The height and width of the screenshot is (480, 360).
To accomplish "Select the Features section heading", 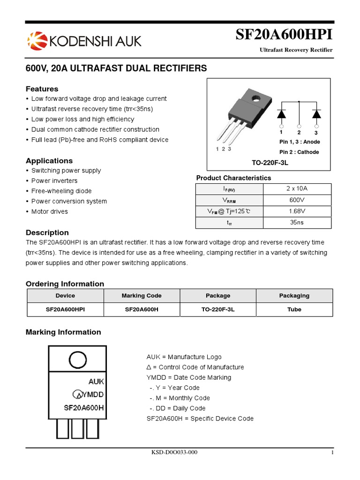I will click(x=42, y=89).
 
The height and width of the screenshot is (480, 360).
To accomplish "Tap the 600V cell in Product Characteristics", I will click(x=297, y=200).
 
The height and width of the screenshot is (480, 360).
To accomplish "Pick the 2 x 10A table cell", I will click(x=297, y=189).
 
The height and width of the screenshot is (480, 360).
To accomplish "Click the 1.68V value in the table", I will click(x=297, y=211).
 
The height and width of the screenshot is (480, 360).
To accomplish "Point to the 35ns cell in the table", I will click(x=297, y=223).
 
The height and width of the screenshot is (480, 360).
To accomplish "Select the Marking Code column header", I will click(x=142, y=296).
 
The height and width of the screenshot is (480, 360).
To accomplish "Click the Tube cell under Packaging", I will click(x=294, y=309).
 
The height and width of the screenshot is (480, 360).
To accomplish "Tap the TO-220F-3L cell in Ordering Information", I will click(x=218, y=309).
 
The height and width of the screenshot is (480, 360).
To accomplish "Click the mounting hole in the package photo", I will click(x=256, y=99).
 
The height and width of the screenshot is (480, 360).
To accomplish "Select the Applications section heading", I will click(x=49, y=161).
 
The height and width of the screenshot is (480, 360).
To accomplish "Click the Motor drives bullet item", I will click(x=49, y=211).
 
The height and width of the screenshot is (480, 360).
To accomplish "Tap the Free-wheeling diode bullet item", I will click(x=61, y=191).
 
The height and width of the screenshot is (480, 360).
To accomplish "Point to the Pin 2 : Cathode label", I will click(x=299, y=152).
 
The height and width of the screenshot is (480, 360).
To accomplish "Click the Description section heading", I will click(x=47, y=232).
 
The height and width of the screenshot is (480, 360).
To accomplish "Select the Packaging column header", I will click(x=294, y=296).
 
